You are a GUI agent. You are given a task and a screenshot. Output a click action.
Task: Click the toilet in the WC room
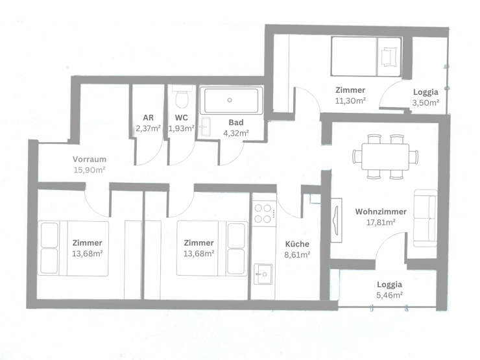[x=182, y=99]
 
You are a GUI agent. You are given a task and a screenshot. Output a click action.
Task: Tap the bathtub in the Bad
[x=230, y=101]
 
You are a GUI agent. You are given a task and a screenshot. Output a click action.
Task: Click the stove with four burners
[x=264, y=213]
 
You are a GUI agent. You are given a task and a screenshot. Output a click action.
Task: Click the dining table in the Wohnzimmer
[x=381, y=156]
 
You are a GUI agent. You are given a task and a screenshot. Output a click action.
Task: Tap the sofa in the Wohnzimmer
[x=426, y=219]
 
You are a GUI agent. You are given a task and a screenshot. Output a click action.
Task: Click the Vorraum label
[x=90, y=160]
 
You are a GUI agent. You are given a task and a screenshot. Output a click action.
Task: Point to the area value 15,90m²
[x=90, y=170]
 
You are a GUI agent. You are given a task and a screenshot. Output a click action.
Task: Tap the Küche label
[x=298, y=245]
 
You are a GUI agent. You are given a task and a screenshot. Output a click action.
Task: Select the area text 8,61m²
[x=298, y=255]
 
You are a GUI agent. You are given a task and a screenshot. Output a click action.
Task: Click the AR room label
[x=148, y=118]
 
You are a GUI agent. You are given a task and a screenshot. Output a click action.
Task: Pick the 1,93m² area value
[x=182, y=128]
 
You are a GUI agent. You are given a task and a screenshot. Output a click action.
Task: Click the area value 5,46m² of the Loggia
[x=390, y=294]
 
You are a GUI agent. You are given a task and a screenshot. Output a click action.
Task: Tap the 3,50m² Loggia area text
[x=426, y=102]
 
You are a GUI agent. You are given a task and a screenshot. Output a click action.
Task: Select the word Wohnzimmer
[x=381, y=211]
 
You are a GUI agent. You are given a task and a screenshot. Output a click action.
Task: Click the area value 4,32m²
[x=235, y=132]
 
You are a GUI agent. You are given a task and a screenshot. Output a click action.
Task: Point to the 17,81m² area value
[x=381, y=222]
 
